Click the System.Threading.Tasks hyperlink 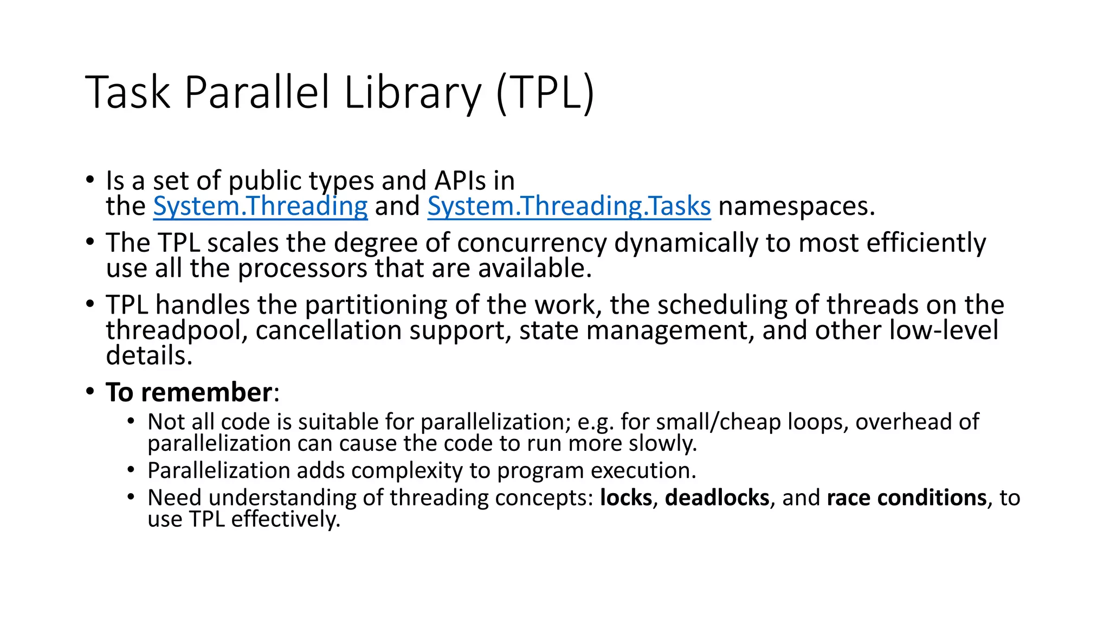pyautogui.click(x=569, y=207)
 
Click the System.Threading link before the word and pyautogui.click(x=260, y=207)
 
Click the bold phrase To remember pyautogui.click(x=189, y=392)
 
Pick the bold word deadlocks pyautogui.click(x=717, y=498)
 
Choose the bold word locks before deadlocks pyautogui.click(x=626, y=498)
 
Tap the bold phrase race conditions pyautogui.click(x=907, y=498)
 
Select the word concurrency pyautogui.click(x=532, y=243)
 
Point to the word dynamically pyautogui.click(x=686, y=243)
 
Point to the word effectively pyautogui.click(x=286, y=519)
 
